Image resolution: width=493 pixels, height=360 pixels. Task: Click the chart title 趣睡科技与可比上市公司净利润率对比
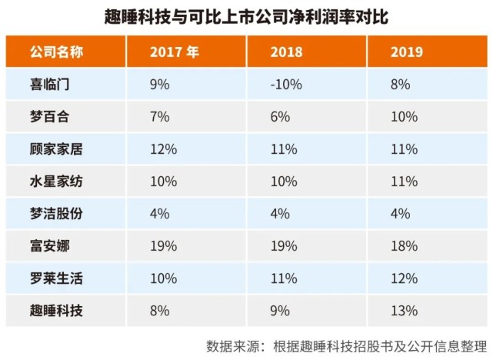pos(245,15)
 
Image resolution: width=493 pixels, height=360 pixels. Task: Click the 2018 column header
pos(286,53)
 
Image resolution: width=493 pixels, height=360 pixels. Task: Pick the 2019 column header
pos(406,53)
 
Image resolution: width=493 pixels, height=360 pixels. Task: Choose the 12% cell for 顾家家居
pos(163,149)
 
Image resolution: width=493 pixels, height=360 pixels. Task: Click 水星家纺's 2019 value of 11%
pos(403,182)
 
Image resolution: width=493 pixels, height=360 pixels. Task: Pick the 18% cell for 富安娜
pos(403,246)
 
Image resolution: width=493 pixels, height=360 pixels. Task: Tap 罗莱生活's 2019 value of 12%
pos(403,278)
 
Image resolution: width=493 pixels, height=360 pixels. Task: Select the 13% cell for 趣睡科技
pos(403,311)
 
